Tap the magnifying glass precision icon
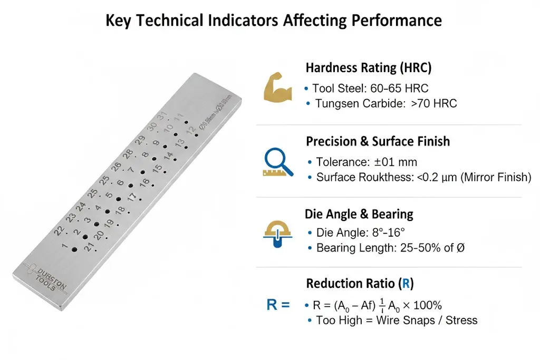tap(277, 161)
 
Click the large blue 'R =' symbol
tap(278, 305)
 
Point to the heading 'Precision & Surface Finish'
tap(378, 141)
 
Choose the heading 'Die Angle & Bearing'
tap(359, 214)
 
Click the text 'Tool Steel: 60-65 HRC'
tap(370, 88)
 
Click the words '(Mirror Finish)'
tap(496, 178)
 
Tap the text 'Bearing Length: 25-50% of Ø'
tap(390, 248)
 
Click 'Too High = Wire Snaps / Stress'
tap(397, 320)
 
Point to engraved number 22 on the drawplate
tap(59, 230)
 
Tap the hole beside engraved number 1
tap(74, 249)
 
